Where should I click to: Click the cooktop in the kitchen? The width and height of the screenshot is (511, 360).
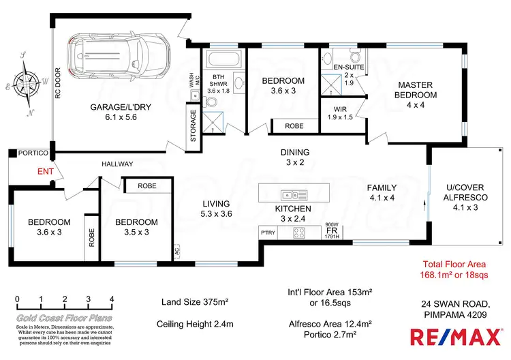(x=298, y=232)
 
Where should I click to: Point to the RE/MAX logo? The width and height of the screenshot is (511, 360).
(x=452, y=335)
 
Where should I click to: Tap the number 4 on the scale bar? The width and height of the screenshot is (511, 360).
(x=111, y=299)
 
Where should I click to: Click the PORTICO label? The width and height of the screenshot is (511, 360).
(x=31, y=153)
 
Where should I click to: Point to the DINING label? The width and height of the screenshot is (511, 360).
(x=295, y=152)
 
